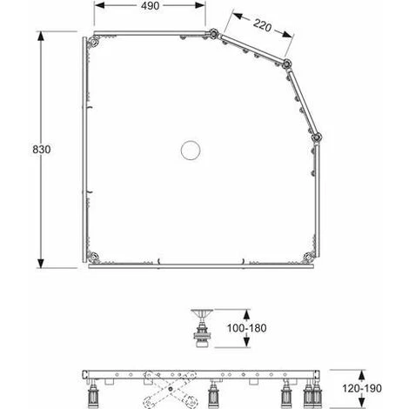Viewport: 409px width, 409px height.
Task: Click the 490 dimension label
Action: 150,6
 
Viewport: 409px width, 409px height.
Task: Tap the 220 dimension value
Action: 262,25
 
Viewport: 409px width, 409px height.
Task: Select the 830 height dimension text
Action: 42,150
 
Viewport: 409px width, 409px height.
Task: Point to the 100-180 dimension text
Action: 246,328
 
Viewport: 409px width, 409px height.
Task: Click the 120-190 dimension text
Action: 362,388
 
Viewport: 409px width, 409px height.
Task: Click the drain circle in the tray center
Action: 191,150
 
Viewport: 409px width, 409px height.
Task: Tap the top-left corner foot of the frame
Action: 94,43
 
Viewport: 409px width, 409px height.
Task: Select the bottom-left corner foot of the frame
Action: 94,257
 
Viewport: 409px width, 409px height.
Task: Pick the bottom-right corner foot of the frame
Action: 308,257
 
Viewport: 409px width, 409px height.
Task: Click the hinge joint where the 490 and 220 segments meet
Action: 213,34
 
